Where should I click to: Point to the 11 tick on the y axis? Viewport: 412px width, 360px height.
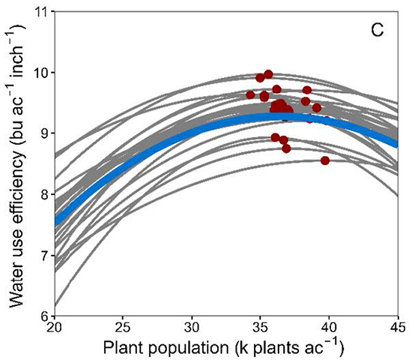pyautogui.click(x=41, y=13)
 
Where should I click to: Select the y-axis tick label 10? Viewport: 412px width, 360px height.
pyautogui.click(x=41, y=73)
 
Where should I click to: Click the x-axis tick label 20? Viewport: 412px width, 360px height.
pyautogui.click(x=54, y=328)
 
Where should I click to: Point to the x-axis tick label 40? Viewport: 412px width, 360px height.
pyautogui.click(x=329, y=328)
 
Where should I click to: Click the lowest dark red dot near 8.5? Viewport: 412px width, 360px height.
pyautogui.click(x=325, y=160)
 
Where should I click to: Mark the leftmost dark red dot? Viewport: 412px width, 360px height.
pyautogui.click(x=250, y=95)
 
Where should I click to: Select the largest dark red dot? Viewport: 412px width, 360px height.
pyautogui.click(x=280, y=110)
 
